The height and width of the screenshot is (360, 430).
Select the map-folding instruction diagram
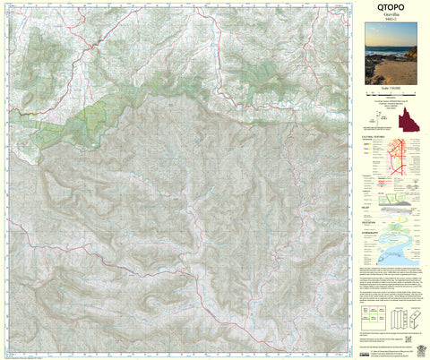[403, 317]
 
